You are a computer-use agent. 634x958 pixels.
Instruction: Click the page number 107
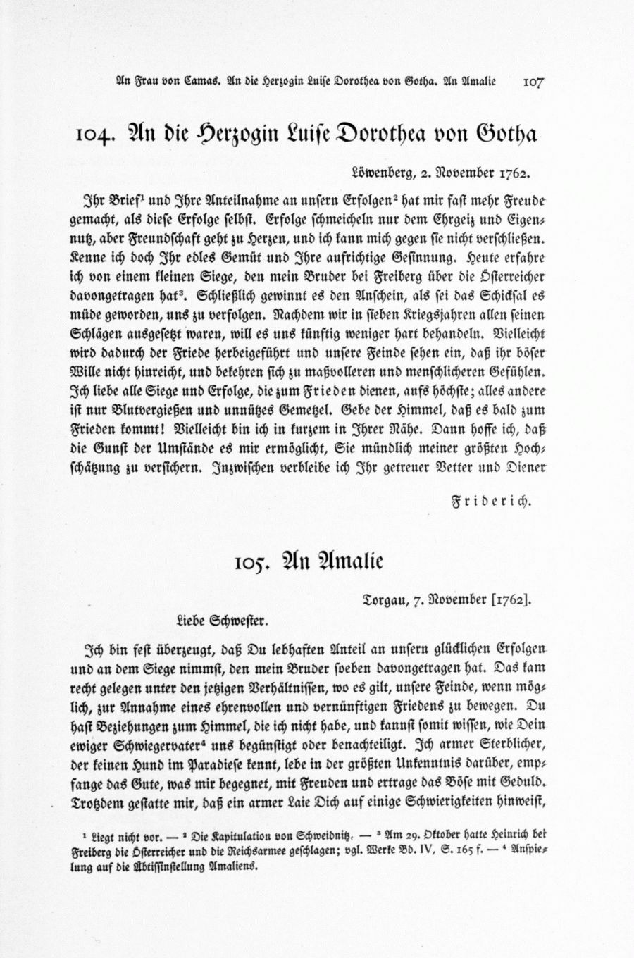pyautogui.click(x=533, y=81)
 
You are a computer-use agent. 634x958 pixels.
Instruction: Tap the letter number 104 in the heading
pyautogui.click(x=98, y=134)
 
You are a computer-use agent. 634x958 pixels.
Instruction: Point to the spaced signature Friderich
pyautogui.click(x=490, y=502)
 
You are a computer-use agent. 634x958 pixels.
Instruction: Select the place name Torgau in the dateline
pyautogui.click(x=386, y=600)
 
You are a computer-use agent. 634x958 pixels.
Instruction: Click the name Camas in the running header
pyautogui.click(x=204, y=81)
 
